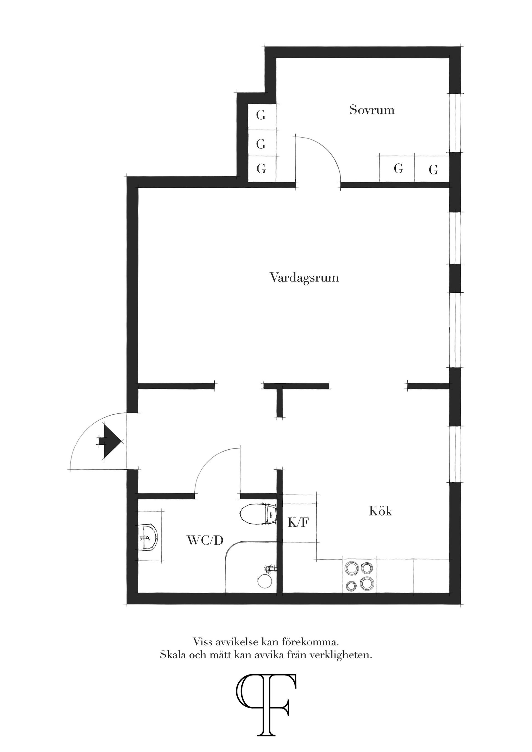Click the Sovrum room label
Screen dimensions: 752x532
[372, 109]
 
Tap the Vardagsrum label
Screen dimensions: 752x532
[304, 278]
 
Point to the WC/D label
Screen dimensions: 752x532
[205, 540]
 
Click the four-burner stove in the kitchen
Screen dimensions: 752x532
[360, 576]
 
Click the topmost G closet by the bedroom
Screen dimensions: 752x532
[261, 115]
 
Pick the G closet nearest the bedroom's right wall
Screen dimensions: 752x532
[433, 170]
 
